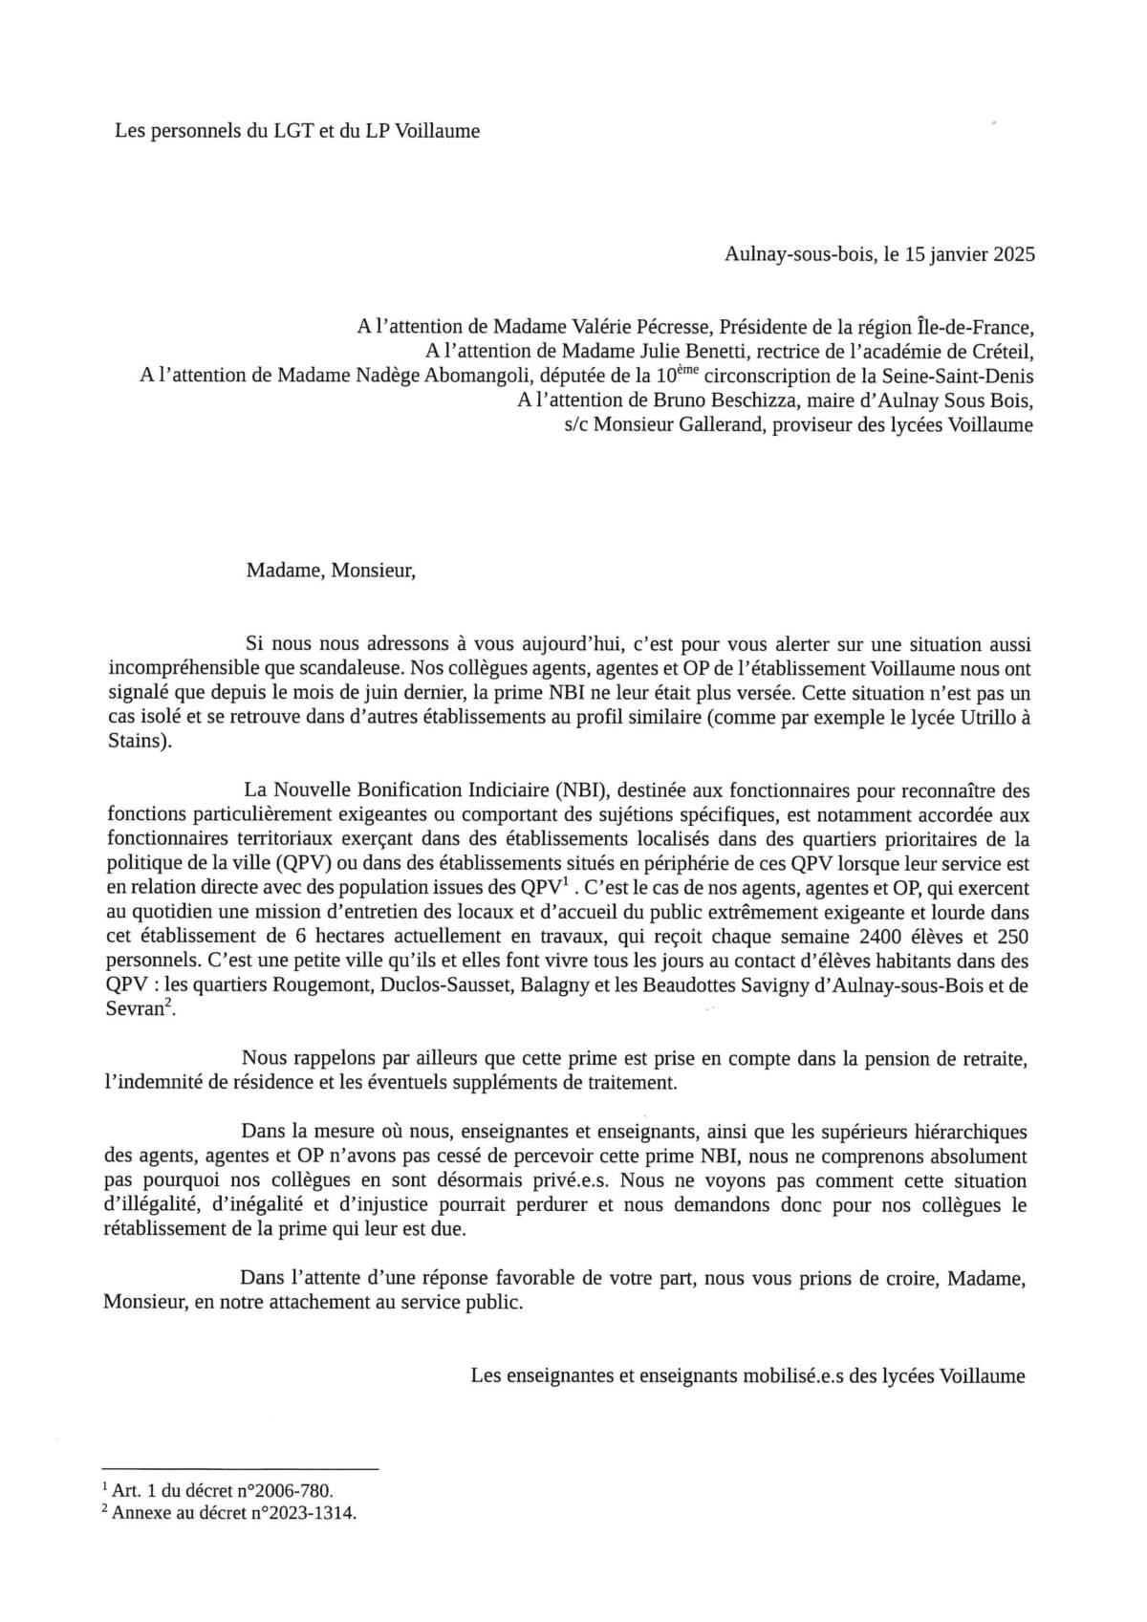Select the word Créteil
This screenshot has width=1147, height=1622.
pyautogui.click(x=1001, y=351)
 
